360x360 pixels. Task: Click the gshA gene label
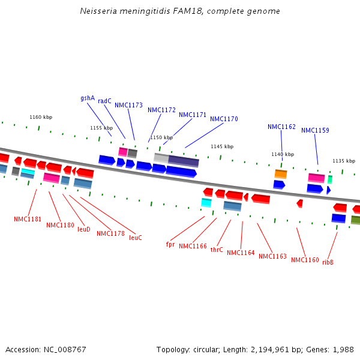[88, 98]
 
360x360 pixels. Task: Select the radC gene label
[104, 101]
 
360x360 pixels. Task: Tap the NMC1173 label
[128, 105]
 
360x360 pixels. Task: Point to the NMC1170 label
[224, 119]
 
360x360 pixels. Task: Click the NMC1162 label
[281, 127]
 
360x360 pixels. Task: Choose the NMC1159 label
[315, 130]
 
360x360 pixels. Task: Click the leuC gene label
[136, 238]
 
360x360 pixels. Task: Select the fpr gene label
[170, 244]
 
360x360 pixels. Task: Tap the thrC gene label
[217, 250]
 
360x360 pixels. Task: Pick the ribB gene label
[328, 262]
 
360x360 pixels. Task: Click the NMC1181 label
[28, 219]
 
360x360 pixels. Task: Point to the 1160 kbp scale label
[41, 117]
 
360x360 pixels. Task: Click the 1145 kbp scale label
[222, 146]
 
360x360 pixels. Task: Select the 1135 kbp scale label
[344, 161]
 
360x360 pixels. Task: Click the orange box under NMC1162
[281, 174]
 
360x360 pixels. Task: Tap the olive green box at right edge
[356, 220]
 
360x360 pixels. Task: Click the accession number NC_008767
[65, 350]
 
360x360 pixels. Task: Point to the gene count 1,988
[343, 350]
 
